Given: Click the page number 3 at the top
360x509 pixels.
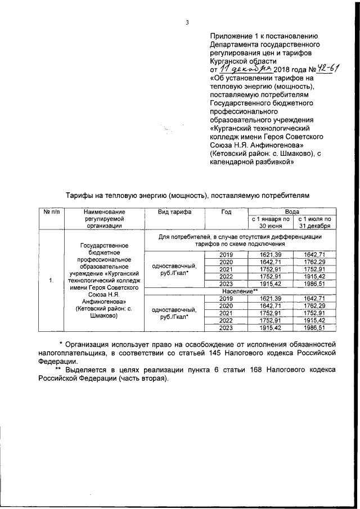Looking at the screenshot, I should [186, 22].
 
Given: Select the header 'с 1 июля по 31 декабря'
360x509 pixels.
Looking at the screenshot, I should [314, 222].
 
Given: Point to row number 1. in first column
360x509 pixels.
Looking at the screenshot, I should [51, 280].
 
